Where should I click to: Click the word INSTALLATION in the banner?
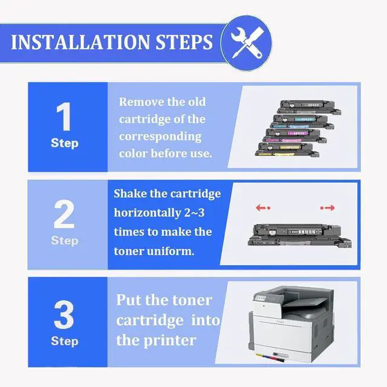click(x=80, y=42)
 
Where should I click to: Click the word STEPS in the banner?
click(x=184, y=42)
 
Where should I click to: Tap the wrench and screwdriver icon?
click(x=247, y=42)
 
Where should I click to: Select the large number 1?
click(x=63, y=116)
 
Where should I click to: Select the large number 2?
click(x=64, y=214)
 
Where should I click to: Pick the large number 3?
click(x=64, y=314)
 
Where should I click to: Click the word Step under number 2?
click(x=65, y=241)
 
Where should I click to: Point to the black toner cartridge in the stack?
click(x=309, y=107)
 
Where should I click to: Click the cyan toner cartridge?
click(x=302, y=121)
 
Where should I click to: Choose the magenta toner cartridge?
click(x=294, y=135)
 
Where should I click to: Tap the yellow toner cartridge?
click(x=287, y=149)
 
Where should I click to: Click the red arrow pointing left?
click(x=263, y=208)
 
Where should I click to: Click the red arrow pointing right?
click(x=328, y=208)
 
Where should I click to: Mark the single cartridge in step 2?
click(x=300, y=235)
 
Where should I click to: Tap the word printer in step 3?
click(x=170, y=340)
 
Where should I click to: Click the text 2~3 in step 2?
click(x=195, y=213)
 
